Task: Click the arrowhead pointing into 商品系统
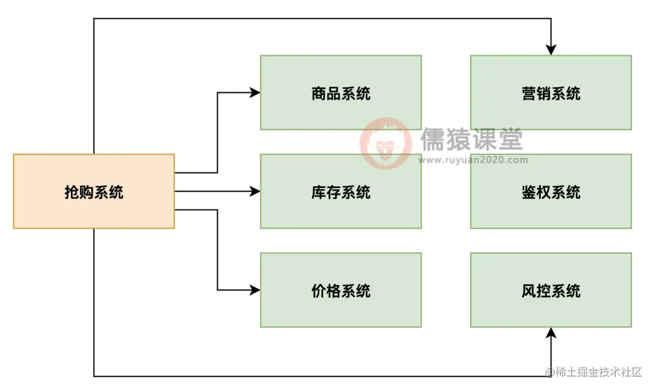256,93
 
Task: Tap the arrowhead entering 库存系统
256,191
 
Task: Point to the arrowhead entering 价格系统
256,290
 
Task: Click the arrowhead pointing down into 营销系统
551,50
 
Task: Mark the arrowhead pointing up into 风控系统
551,333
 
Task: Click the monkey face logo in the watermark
385,143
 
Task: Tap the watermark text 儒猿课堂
471,140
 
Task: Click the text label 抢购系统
94,192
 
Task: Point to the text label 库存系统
341,192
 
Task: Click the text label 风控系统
550,291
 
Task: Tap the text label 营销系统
550,94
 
